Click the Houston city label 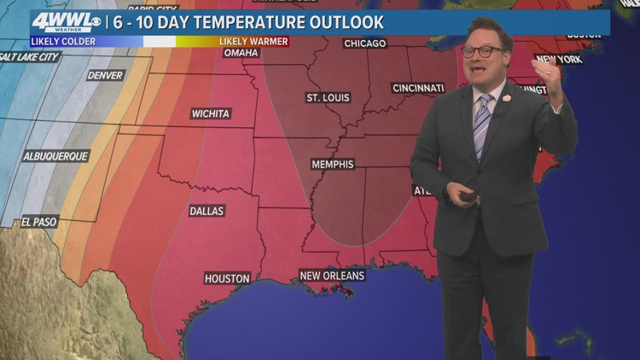coord(227,278)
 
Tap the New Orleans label coord(332,276)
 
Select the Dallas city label coord(207,211)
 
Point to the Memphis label coord(333,164)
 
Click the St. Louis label coord(327,97)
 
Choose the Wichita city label coord(210,113)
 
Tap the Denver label coord(105,75)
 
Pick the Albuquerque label coord(55,157)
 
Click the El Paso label coord(39,222)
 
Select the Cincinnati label coord(418,88)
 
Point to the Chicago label coord(364,43)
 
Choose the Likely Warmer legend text coord(253,41)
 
